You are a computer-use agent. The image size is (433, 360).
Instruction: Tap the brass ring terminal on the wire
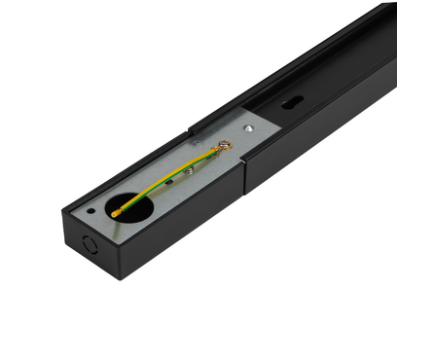227,146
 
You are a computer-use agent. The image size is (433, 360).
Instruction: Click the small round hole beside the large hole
91,208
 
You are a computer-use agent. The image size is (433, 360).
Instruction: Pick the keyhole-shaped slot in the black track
293,101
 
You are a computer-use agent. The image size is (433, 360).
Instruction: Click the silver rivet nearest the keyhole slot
250,126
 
